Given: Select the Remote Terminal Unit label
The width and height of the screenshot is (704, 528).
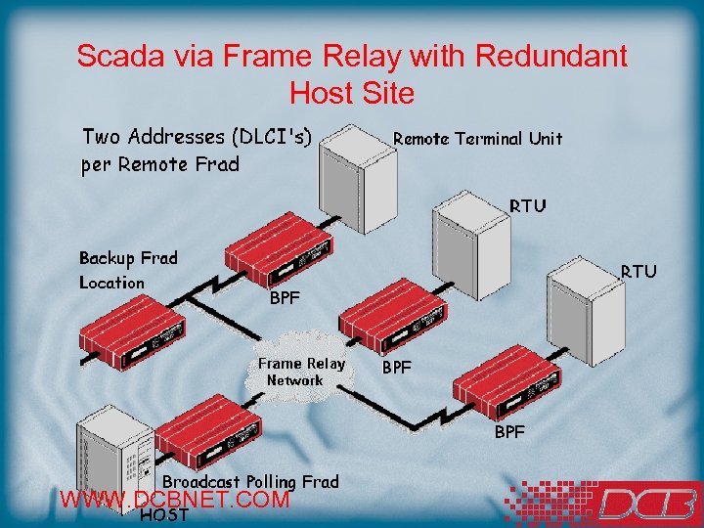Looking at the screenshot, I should (477, 139).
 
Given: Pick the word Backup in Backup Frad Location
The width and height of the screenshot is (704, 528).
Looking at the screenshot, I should (107, 258).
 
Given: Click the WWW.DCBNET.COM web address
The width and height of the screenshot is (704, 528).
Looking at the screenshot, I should (175, 501).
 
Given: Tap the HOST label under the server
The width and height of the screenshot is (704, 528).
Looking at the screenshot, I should (164, 516).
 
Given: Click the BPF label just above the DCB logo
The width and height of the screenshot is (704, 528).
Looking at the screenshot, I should (509, 431).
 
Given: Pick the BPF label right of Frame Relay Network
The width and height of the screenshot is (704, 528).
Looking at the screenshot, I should (397, 369).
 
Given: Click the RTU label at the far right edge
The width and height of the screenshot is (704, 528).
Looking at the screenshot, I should (638, 271).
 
